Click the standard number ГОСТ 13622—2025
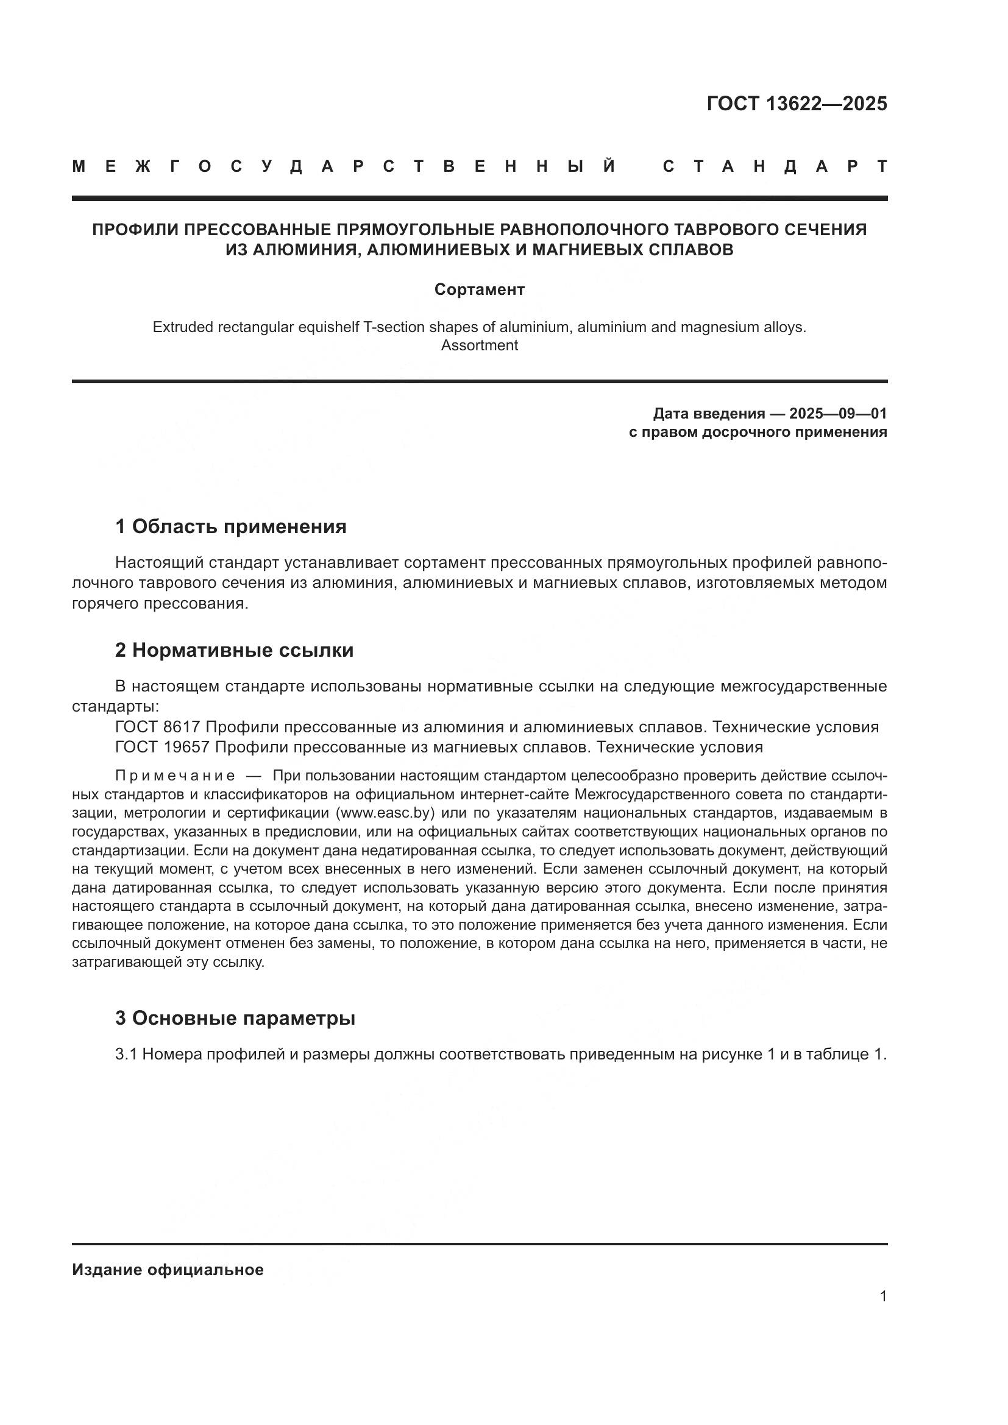pyautogui.click(x=797, y=104)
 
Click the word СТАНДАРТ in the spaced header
pyautogui.click(x=775, y=166)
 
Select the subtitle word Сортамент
pyautogui.click(x=479, y=289)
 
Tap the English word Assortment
pyautogui.click(x=479, y=345)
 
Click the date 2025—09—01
pyautogui.click(x=838, y=413)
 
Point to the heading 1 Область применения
pyautogui.click(x=231, y=527)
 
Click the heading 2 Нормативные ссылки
pyautogui.click(x=234, y=651)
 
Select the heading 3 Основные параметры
pyautogui.click(x=235, y=1019)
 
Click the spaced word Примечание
pyautogui.click(x=175, y=776)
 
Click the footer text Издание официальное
pyautogui.click(x=168, y=1270)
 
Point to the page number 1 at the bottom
pyautogui.click(x=883, y=1296)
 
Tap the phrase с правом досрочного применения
pyautogui.click(x=758, y=432)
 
